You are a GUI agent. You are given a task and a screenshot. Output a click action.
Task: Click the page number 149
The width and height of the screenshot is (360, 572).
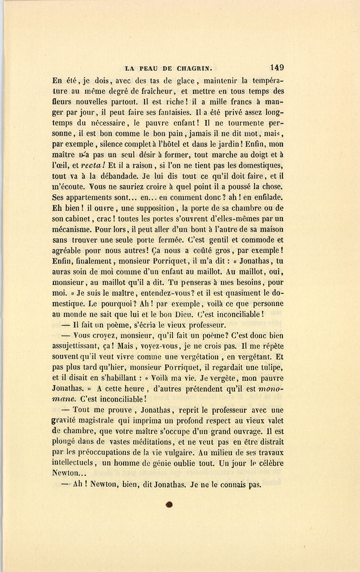point(277,68)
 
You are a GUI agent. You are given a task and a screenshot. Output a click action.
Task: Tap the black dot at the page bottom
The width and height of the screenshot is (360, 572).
point(169,505)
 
